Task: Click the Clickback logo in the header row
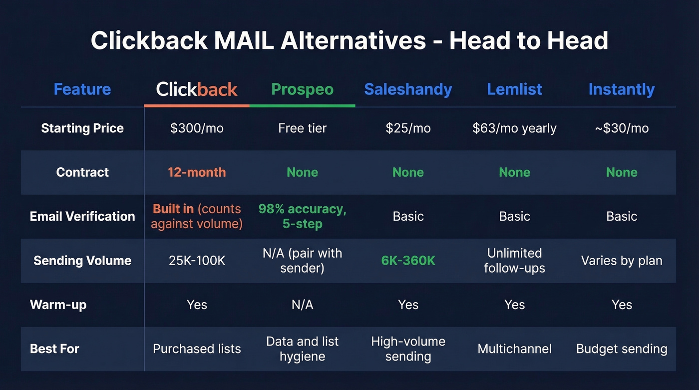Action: click(x=197, y=89)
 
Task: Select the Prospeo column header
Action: click(x=302, y=89)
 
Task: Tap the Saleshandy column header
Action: click(x=408, y=89)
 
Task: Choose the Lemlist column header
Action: click(x=514, y=89)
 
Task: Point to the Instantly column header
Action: click(x=621, y=89)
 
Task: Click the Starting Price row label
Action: click(x=82, y=128)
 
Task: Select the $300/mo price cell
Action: click(x=197, y=128)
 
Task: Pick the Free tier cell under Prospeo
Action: click(x=302, y=128)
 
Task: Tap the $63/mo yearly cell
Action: click(x=514, y=128)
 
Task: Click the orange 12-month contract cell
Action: click(x=197, y=172)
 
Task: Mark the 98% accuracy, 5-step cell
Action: click(x=302, y=216)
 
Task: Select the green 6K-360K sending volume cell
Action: click(x=408, y=261)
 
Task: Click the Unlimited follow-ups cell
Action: click(x=514, y=261)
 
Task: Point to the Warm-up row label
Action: click(x=58, y=305)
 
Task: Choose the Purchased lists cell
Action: click(x=197, y=349)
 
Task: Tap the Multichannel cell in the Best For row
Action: click(x=514, y=349)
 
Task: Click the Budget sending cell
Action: click(x=622, y=349)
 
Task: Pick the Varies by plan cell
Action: click(x=622, y=261)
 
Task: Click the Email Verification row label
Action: click(x=82, y=216)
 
